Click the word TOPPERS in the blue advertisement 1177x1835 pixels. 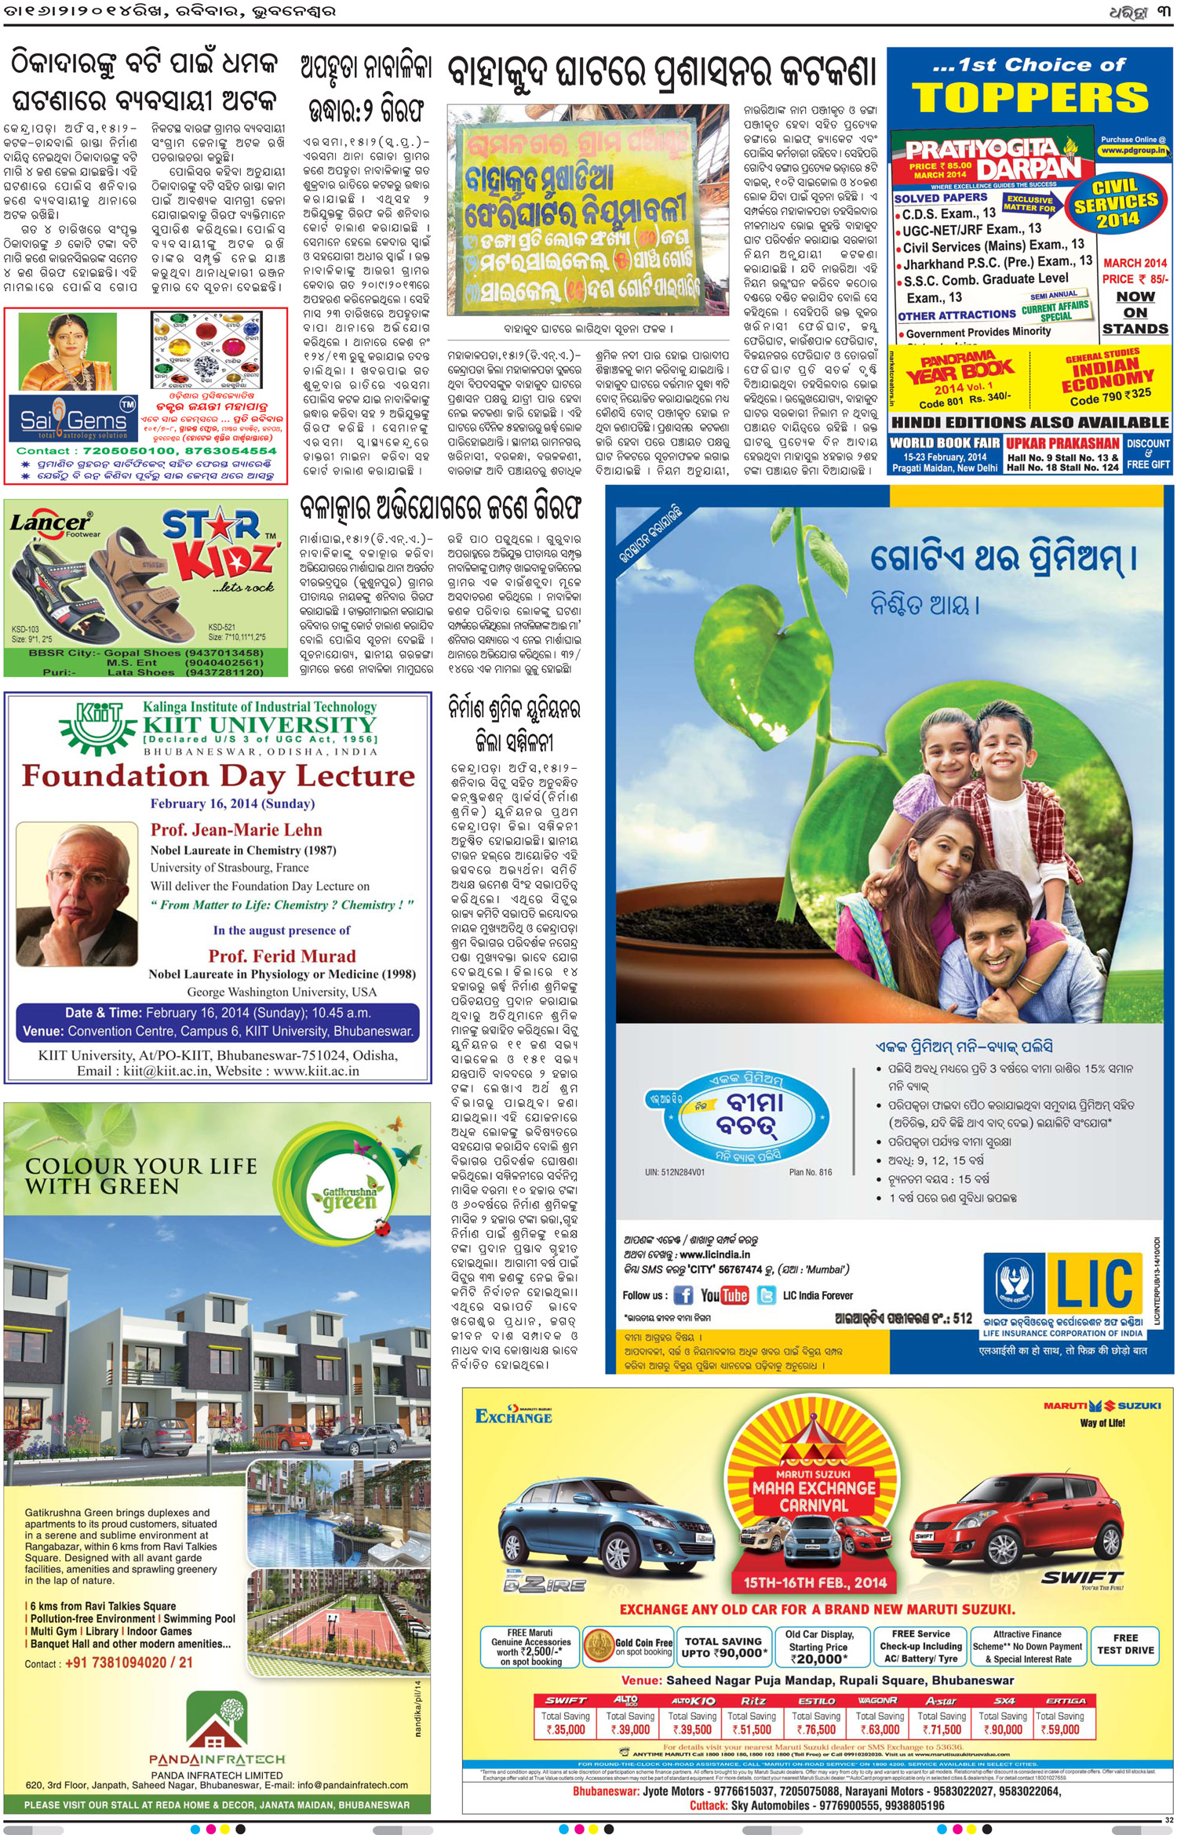tap(1029, 98)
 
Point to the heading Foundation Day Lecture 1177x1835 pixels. tap(217, 776)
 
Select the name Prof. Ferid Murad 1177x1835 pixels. tap(282, 956)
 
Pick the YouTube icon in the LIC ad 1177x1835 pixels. tap(724, 1295)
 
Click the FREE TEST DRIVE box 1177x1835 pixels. tap(1124, 1644)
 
